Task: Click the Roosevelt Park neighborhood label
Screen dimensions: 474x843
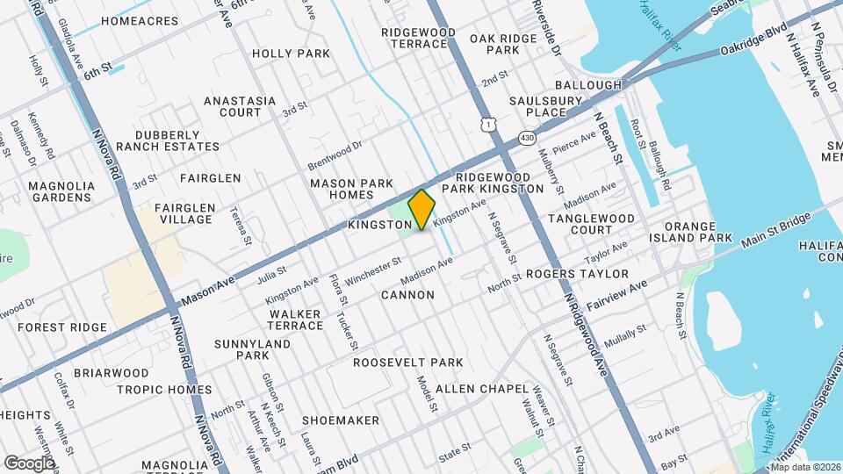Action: pos(407,362)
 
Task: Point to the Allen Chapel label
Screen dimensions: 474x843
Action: pos(482,388)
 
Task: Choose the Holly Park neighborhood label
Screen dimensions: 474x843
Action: pos(291,54)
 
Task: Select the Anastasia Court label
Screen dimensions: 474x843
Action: pos(233,106)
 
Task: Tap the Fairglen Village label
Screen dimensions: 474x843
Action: pos(184,213)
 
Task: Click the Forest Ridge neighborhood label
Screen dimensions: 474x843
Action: pos(62,327)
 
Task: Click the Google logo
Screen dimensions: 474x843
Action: pos(29,463)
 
